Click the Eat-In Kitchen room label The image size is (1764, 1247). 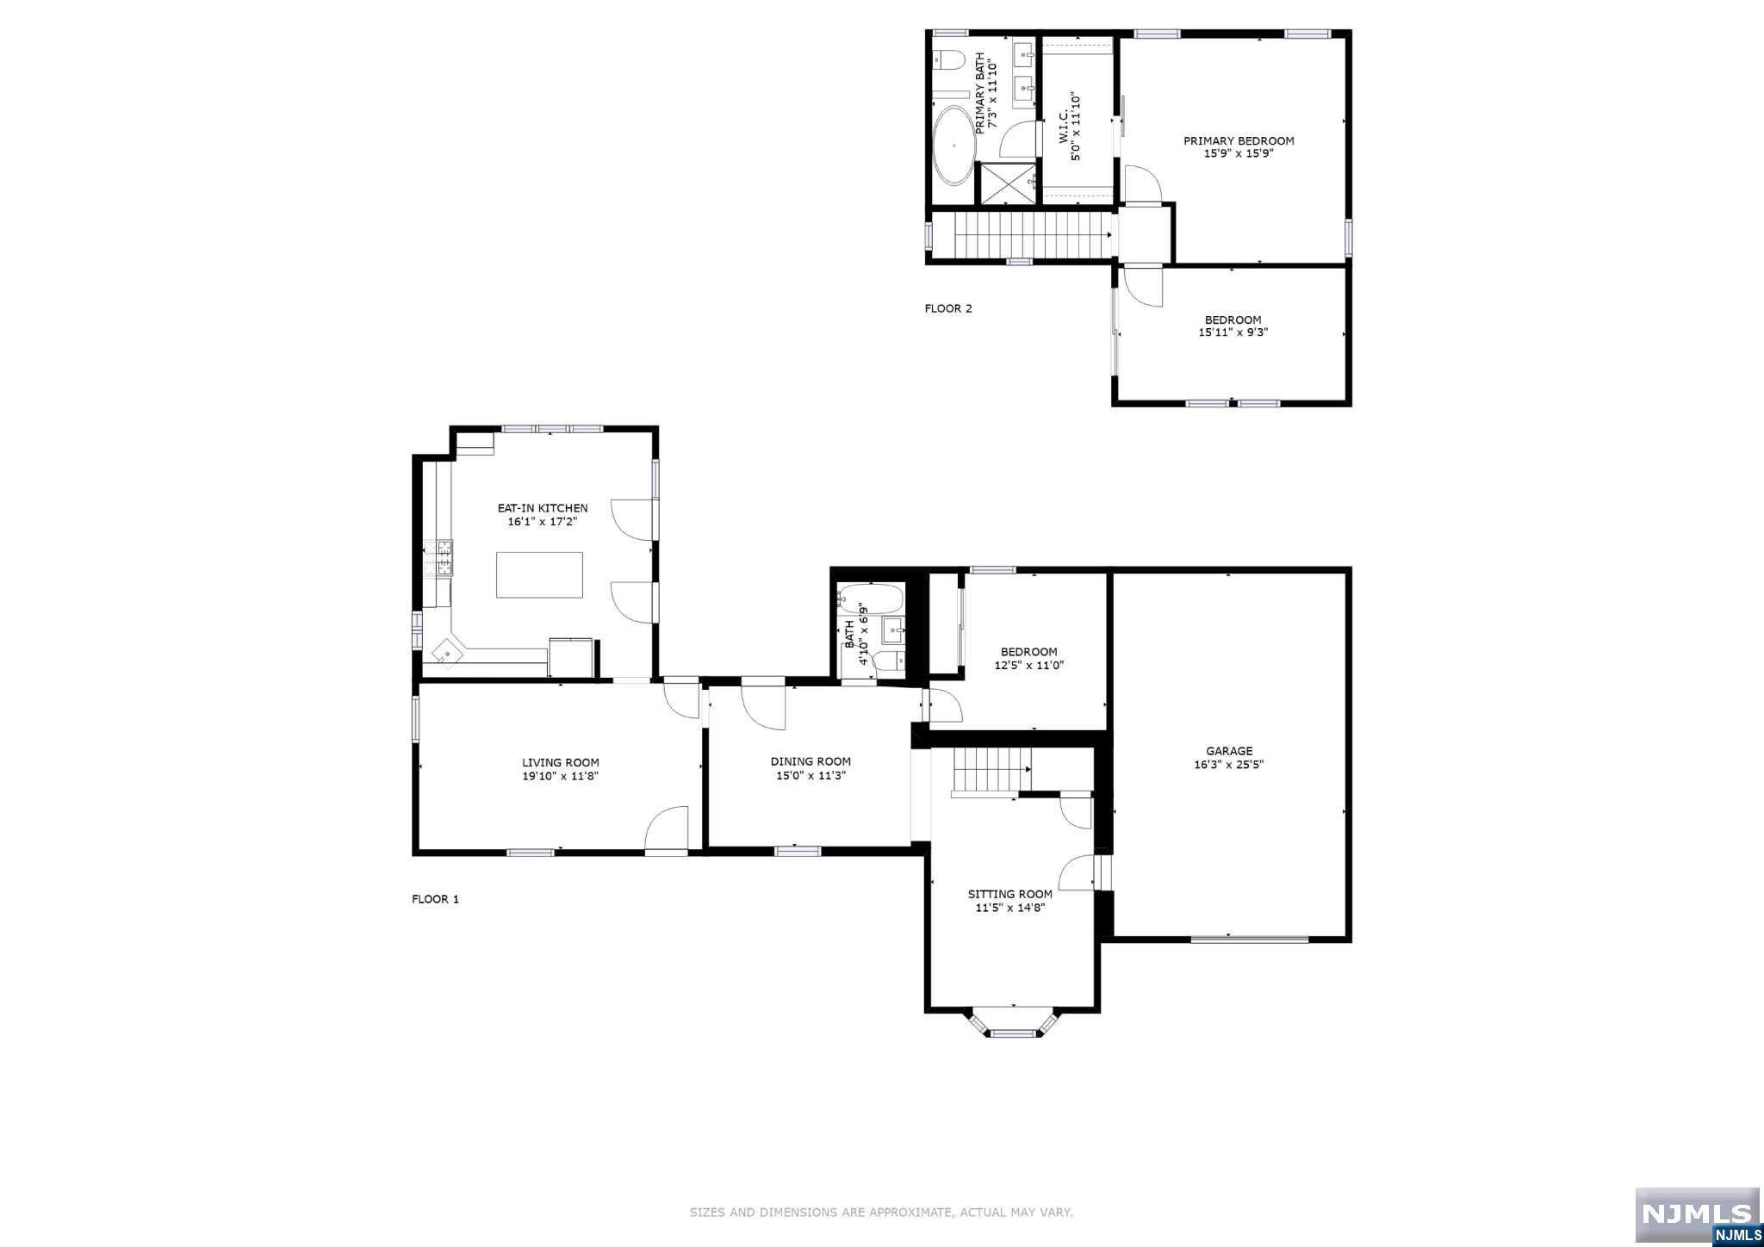[543, 508]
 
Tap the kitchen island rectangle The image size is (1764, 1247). [539, 574]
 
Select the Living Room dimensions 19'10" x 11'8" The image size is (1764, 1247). [561, 776]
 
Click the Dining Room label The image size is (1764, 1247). [811, 761]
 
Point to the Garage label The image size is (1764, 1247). [1229, 751]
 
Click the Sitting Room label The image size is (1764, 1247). [1010, 894]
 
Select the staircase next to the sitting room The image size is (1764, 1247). [991, 771]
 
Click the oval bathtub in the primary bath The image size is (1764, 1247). [953, 146]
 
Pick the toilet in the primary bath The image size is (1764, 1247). [949, 59]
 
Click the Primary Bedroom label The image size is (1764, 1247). [1239, 141]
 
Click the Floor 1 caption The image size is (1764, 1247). [435, 899]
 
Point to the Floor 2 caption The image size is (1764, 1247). [948, 308]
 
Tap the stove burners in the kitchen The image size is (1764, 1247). [444, 557]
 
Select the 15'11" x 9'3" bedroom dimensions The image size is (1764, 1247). [1233, 332]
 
